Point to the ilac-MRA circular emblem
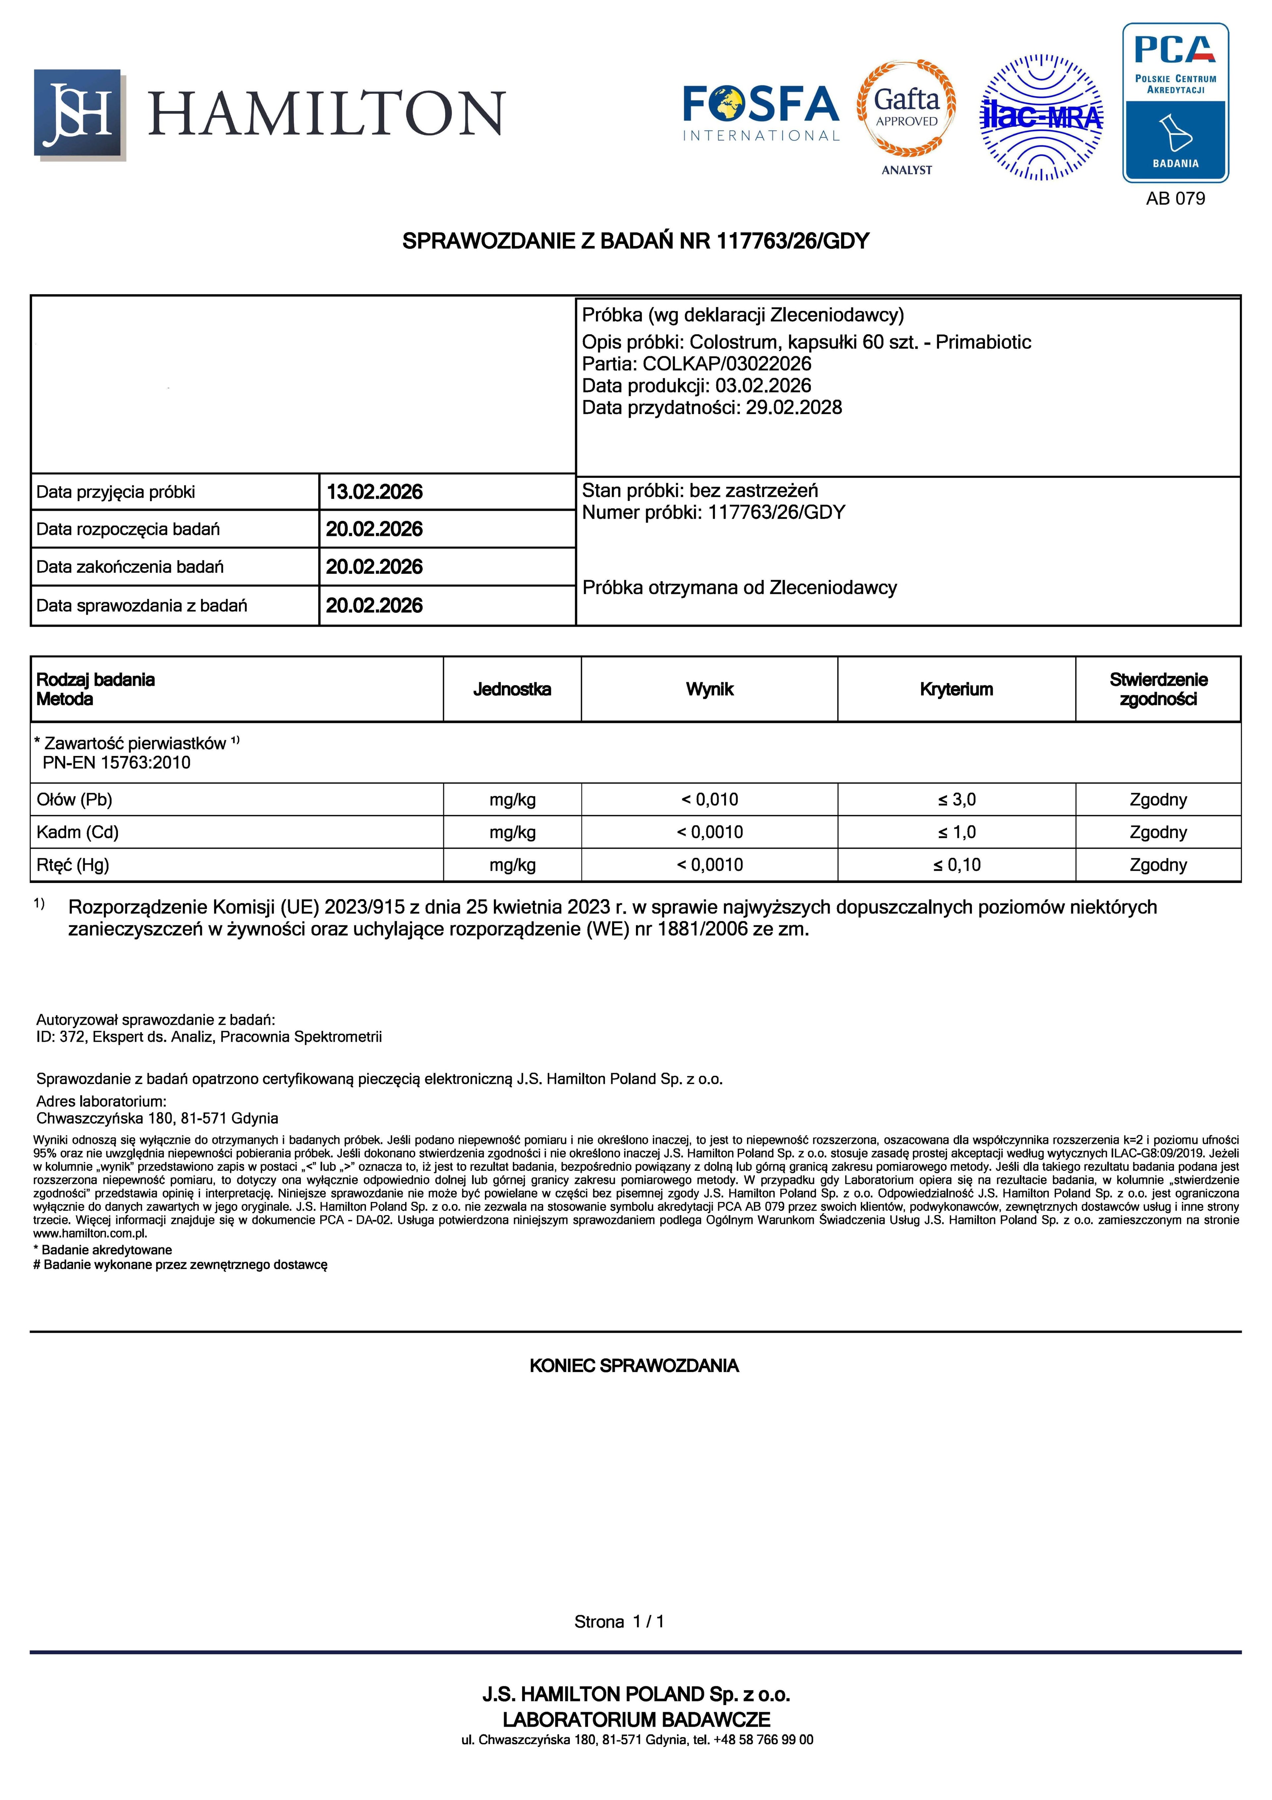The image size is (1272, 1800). tap(1041, 118)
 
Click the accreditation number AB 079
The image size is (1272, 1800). tap(1175, 198)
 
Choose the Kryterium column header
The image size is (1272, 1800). tap(956, 689)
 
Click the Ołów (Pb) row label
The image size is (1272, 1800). tap(75, 800)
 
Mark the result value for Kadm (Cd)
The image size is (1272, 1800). tap(709, 832)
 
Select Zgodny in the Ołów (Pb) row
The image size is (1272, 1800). tap(1158, 800)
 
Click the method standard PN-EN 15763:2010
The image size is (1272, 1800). tap(117, 763)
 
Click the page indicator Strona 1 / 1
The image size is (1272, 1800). tap(619, 1621)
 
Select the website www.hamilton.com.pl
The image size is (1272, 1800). tap(90, 1233)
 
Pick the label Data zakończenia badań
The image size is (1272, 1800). tap(130, 567)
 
